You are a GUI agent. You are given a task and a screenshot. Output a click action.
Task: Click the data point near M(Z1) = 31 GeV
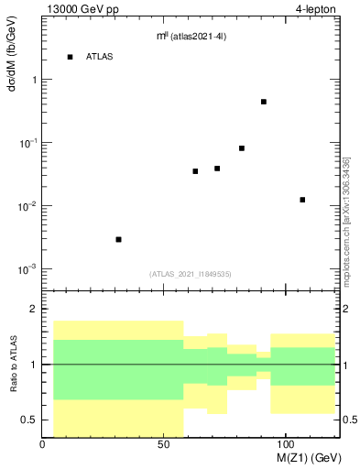(x=118, y=239)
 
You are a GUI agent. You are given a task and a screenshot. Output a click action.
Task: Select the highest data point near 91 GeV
(x=264, y=102)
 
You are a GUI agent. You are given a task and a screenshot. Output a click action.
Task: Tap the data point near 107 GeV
(x=302, y=200)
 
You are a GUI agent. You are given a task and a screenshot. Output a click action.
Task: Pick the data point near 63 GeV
(x=195, y=171)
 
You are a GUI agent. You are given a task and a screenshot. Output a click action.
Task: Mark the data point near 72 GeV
(x=217, y=169)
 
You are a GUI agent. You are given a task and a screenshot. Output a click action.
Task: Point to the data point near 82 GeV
(x=242, y=148)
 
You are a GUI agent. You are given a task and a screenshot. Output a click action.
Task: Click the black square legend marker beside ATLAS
(x=70, y=57)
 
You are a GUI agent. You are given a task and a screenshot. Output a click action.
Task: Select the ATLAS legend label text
(x=100, y=57)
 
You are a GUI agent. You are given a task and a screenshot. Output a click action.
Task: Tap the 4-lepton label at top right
(x=316, y=10)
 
